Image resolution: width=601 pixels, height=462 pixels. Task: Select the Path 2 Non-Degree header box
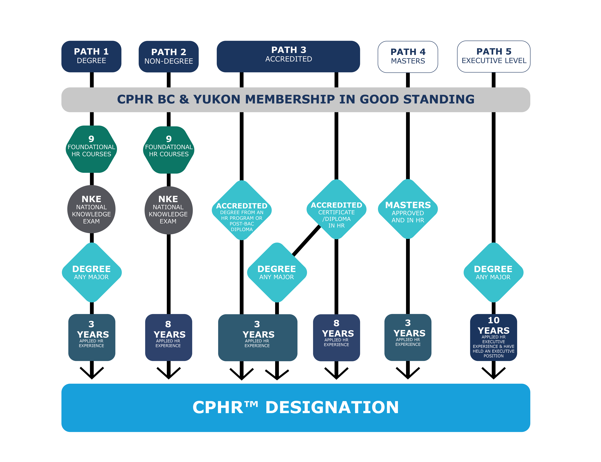[x=169, y=57]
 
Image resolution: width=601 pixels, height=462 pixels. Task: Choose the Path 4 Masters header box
[x=408, y=57]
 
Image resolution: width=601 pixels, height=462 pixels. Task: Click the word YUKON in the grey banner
[x=217, y=99]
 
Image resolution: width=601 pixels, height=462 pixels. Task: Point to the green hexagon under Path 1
[x=91, y=149]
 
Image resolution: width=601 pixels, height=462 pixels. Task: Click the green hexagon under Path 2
[x=169, y=150]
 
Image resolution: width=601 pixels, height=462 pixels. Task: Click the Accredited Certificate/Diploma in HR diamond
[x=336, y=209]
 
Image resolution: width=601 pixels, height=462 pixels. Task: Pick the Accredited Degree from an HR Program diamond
[x=242, y=210]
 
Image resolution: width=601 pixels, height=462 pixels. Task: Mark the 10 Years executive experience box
[x=494, y=337]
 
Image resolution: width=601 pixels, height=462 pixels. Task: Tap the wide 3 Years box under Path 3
[x=258, y=337]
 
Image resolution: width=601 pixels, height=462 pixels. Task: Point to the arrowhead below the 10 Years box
[x=494, y=373]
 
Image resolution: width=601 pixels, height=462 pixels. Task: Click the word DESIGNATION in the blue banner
[x=332, y=407]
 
